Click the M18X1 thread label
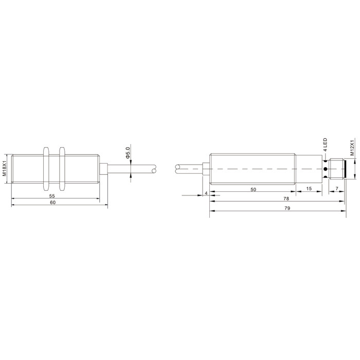pos(4,169)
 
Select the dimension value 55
pos(52,196)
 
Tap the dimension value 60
pos(53,203)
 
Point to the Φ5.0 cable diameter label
pos(128,153)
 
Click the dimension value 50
pos(253,190)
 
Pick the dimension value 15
pos(309,189)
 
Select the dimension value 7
pos(337,189)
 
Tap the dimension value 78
pos(286,199)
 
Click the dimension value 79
pos(287,208)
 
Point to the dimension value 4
pos(206,193)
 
